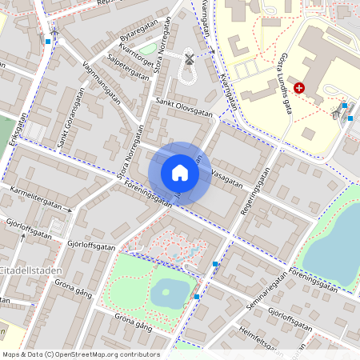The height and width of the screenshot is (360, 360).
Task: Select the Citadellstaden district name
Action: pyautogui.click(x=30, y=270)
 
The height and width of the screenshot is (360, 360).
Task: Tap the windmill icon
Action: pyautogui.click(x=190, y=58)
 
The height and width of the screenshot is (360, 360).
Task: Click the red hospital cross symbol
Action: pyautogui.click(x=299, y=87)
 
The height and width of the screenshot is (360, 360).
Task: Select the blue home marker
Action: pyautogui.click(x=180, y=173)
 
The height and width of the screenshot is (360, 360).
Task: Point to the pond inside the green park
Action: pyautogui.click(x=169, y=293)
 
